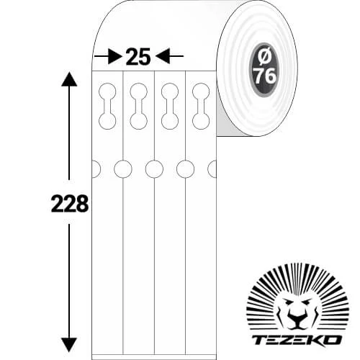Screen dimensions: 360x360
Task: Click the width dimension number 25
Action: [138, 57]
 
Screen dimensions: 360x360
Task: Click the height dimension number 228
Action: [70, 204]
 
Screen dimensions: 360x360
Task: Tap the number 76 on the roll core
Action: [265, 76]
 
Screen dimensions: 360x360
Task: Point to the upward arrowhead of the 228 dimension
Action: [69, 79]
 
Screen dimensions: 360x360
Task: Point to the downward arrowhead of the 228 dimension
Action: [69, 345]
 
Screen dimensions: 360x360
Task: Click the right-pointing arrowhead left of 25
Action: [114, 56]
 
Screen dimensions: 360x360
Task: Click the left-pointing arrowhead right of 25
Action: [163, 56]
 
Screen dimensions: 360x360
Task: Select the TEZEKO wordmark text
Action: [297, 340]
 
